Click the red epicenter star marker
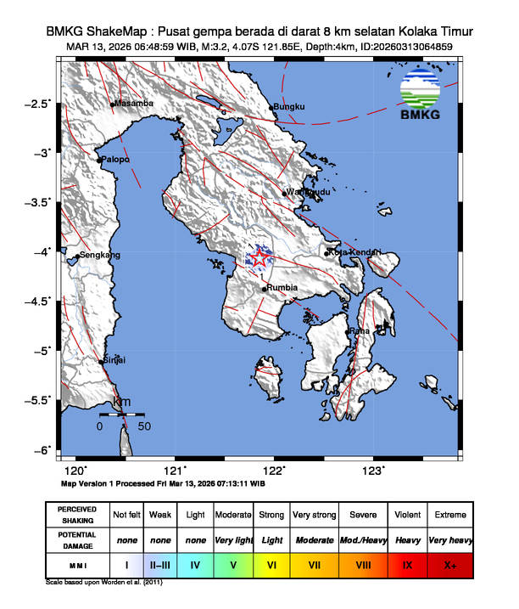pyautogui.click(x=259, y=260)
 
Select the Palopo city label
pyautogui.click(x=115, y=159)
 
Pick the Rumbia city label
pyautogui.click(x=282, y=288)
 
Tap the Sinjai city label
pyautogui.click(x=114, y=360)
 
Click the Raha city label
pyautogui.click(x=359, y=330)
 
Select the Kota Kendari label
pyautogui.click(x=355, y=252)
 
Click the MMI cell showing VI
pyautogui.click(x=271, y=564)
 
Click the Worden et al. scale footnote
pyautogui.click(x=103, y=583)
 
